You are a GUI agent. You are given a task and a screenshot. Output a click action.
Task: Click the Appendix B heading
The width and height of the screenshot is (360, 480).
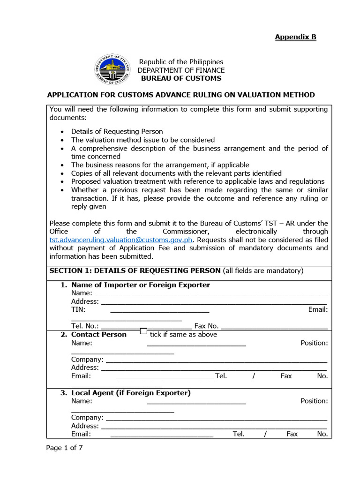pyautogui.click(x=295, y=37)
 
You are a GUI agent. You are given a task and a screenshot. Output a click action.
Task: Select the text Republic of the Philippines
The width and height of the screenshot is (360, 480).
pyautogui.click(x=180, y=62)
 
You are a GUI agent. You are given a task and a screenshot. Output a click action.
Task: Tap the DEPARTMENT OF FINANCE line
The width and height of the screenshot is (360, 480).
pyautogui.click(x=180, y=70)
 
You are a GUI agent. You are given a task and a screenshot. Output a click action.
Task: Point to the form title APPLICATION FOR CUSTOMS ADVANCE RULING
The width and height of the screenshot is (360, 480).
pyautogui.click(x=181, y=95)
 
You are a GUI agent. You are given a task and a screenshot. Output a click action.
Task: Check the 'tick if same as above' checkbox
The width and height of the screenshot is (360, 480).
pyautogui.click(x=144, y=331)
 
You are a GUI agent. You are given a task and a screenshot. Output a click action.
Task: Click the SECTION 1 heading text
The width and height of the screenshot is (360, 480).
pyautogui.click(x=135, y=270)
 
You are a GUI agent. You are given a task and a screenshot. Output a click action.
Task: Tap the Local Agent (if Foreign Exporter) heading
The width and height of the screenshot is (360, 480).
pyautogui.click(x=131, y=393)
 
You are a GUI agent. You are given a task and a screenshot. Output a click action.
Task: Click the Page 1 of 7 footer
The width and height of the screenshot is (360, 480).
pyautogui.click(x=65, y=448)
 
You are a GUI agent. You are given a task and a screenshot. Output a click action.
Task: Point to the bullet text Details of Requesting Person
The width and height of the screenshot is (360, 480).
pyautogui.click(x=117, y=132)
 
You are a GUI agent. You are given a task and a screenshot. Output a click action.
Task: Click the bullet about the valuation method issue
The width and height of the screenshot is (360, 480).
pyautogui.click(x=143, y=140)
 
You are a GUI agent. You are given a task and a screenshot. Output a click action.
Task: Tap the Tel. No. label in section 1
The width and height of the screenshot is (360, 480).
pyautogui.click(x=85, y=326)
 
